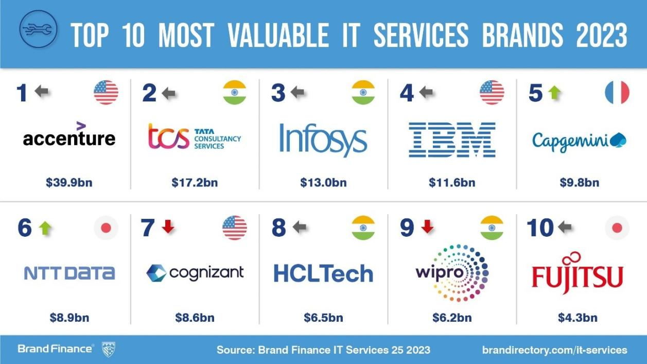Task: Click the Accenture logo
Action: [69, 135]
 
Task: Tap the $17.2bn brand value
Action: [195, 182]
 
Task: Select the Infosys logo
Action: [323, 139]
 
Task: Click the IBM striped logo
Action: [452, 140]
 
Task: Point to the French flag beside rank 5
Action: [617, 93]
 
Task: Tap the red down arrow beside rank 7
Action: [168, 227]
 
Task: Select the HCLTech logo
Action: [323, 273]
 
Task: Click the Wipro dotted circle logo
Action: [452, 273]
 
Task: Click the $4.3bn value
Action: [578, 318]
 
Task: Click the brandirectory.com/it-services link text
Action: [554, 350]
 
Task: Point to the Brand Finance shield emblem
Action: [109, 349]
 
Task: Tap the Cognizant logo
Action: [195, 273]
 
